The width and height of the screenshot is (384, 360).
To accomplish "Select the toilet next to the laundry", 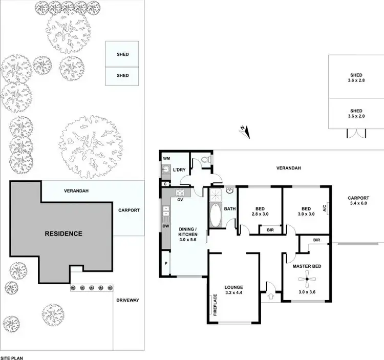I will [205, 162].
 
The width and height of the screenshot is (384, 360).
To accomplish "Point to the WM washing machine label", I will [166, 159].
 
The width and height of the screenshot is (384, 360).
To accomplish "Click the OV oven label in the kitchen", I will [181, 200].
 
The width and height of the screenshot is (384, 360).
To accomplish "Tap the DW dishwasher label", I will [166, 225].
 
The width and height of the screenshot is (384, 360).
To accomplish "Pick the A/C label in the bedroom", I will [324, 208].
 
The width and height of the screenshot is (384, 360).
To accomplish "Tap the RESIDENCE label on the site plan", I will [63, 234].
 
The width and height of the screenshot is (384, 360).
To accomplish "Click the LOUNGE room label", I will [233, 287].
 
